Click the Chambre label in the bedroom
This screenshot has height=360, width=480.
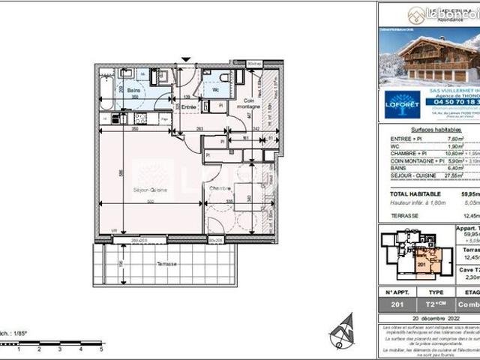tap(220, 187)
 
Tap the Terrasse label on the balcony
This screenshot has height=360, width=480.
tap(166, 264)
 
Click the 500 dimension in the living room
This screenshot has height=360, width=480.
tap(150, 202)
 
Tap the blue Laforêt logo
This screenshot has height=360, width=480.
tap(403, 104)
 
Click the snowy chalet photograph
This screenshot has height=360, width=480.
tap(427, 56)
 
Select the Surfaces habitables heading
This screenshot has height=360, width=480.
tap(427, 130)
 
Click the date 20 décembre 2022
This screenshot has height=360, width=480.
tap(427, 317)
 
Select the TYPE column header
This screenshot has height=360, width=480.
tap(436, 293)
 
